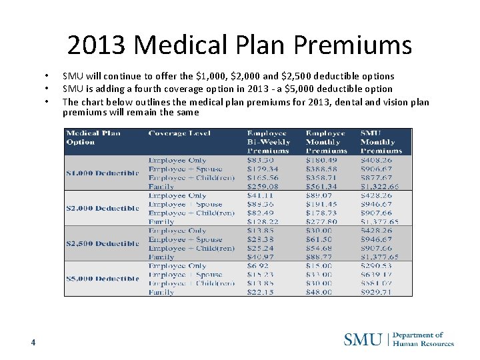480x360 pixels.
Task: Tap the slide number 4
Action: [x=33, y=342]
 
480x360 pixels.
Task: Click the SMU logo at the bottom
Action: [x=363, y=339]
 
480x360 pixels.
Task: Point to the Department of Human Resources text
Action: [x=423, y=339]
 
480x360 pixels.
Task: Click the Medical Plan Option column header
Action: [x=93, y=137]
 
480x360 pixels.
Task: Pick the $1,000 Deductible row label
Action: [x=102, y=173]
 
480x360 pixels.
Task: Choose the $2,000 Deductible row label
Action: [x=102, y=208]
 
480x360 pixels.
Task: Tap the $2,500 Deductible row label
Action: [x=102, y=243]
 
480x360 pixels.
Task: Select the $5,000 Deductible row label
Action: [x=102, y=279]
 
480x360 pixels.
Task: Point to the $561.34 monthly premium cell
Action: [x=321, y=187]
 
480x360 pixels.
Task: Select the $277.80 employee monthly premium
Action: [x=321, y=222]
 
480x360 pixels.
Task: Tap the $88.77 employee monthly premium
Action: [x=319, y=257]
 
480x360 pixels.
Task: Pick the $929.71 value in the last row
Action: [x=377, y=292]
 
